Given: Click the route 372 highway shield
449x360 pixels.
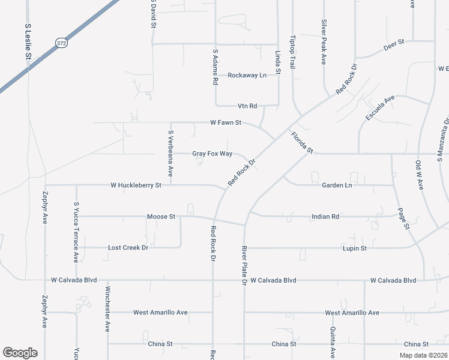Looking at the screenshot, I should [61, 43].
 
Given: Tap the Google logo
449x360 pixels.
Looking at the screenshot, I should [20, 353].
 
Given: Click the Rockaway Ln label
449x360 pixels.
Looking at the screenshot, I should [247, 76].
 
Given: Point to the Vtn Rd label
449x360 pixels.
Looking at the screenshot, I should [247, 106].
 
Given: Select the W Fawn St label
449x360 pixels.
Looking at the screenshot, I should [226, 122].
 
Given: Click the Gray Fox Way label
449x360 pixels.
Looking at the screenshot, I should [212, 154].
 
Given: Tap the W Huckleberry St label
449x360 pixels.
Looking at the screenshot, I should [136, 186].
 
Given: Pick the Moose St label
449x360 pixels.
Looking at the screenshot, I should [161, 216].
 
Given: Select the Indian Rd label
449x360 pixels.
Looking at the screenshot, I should [326, 216].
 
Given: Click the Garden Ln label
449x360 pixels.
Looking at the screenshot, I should [337, 186].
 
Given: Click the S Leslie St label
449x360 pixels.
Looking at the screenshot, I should [28, 41].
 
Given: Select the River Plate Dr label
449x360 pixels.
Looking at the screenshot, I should [244, 265].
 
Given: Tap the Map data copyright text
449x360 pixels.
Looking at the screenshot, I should [423, 355].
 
